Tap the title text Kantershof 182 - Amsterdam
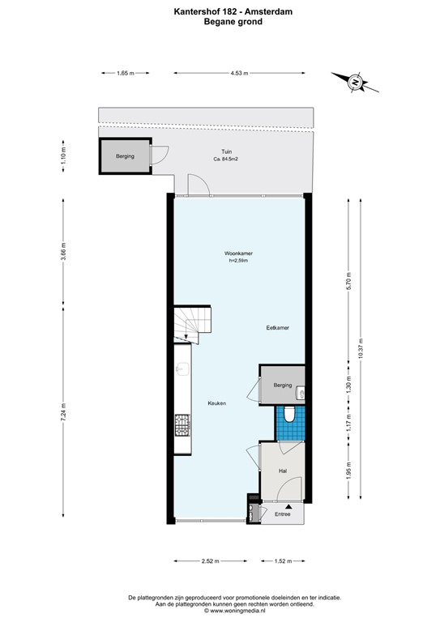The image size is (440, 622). (x=221, y=11)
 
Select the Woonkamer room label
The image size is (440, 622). (x=239, y=253)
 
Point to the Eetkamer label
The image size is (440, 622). (x=278, y=328)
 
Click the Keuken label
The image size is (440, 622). (x=216, y=403)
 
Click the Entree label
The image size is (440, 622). (x=282, y=514)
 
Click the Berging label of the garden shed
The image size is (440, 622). (x=125, y=156)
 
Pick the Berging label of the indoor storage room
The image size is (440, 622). (x=282, y=385)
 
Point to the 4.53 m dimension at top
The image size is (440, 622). (x=238, y=73)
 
